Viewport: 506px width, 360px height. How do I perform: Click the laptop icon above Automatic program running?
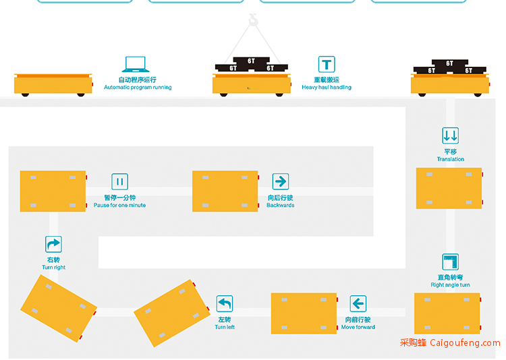[x=136, y=64]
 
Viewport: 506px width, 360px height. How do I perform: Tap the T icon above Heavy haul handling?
[x=327, y=64]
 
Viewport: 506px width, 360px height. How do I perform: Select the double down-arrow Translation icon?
[x=450, y=136]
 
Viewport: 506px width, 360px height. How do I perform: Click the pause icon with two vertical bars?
[x=119, y=181]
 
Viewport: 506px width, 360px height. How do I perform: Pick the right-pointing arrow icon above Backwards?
[x=281, y=181]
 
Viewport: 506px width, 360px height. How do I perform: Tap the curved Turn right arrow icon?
[x=53, y=244]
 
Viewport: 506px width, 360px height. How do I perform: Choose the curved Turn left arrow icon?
[x=225, y=303]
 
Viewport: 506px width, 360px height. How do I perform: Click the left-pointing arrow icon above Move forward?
[x=358, y=303]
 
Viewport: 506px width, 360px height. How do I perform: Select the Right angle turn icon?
[x=450, y=262]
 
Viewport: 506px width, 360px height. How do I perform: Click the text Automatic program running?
[x=138, y=88]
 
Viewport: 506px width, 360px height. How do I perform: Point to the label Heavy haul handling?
[x=327, y=88]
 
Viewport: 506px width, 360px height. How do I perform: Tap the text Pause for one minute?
[x=119, y=205]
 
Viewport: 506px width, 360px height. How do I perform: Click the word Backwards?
[x=281, y=205]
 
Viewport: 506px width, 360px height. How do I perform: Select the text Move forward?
[x=358, y=327]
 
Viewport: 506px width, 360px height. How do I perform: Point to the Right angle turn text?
[x=450, y=285]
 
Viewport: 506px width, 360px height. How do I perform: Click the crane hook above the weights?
[x=254, y=20]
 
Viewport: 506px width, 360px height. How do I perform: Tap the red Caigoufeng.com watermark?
[x=450, y=342]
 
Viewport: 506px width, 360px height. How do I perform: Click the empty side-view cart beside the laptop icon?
[x=53, y=85]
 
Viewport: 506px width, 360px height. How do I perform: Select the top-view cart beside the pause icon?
[x=53, y=191]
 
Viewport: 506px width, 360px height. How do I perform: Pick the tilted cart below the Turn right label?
[x=59, y=308]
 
